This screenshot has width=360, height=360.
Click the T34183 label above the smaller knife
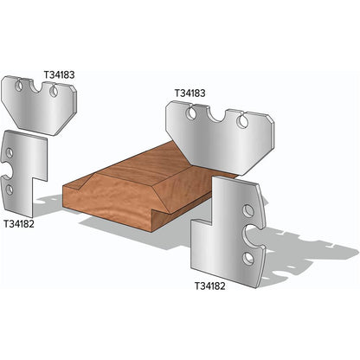(59, 74)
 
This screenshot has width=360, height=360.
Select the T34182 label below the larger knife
(212, 285)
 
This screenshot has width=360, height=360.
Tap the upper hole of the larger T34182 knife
(249, 210)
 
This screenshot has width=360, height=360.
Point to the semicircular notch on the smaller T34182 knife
(8, 172)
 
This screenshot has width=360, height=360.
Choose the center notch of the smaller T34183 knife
(38, 88)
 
